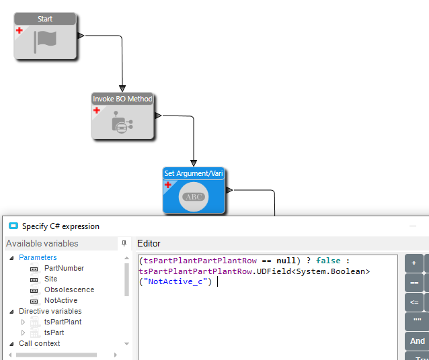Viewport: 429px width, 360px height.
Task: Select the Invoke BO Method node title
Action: pyautogui.click(x=122, y=99)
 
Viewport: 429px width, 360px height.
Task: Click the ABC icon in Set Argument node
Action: pyautogui.click(x=194, y=197)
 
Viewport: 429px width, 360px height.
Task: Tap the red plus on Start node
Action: pyautogui.click(x=19, y=30)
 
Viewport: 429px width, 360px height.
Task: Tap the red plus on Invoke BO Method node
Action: pyautogui.click(x=96, y=109)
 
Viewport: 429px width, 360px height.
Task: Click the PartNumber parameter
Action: pyautogui.click(x=64, y=268)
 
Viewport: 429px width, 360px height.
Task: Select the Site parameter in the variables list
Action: pyautogui.click(x=51, y=279)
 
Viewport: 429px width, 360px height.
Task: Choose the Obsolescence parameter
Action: pyautogui.click(x=69, y=289)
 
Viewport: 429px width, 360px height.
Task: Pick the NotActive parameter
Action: pyautogui.click(x=61, y=300)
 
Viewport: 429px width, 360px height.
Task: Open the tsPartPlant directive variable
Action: pyautogui.click(x=63, y=322)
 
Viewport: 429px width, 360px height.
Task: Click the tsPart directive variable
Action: pyautogui.click(x=54, y=332)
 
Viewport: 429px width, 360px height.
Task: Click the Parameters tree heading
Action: pyautogui.click(x=38, y=257)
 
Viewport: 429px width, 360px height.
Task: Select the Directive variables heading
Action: pyautogui.click(x=50, y=311)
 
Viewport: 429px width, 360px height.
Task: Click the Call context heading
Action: pyautogui.click(x=39, y=343)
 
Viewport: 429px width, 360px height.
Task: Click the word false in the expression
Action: pyautogui.click(x=329, y=261)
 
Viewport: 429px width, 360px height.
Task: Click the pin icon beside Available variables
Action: pyautogui.click(x=124, y=243)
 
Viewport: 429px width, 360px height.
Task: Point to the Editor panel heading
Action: pyautogui.click(x=149, y=243)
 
